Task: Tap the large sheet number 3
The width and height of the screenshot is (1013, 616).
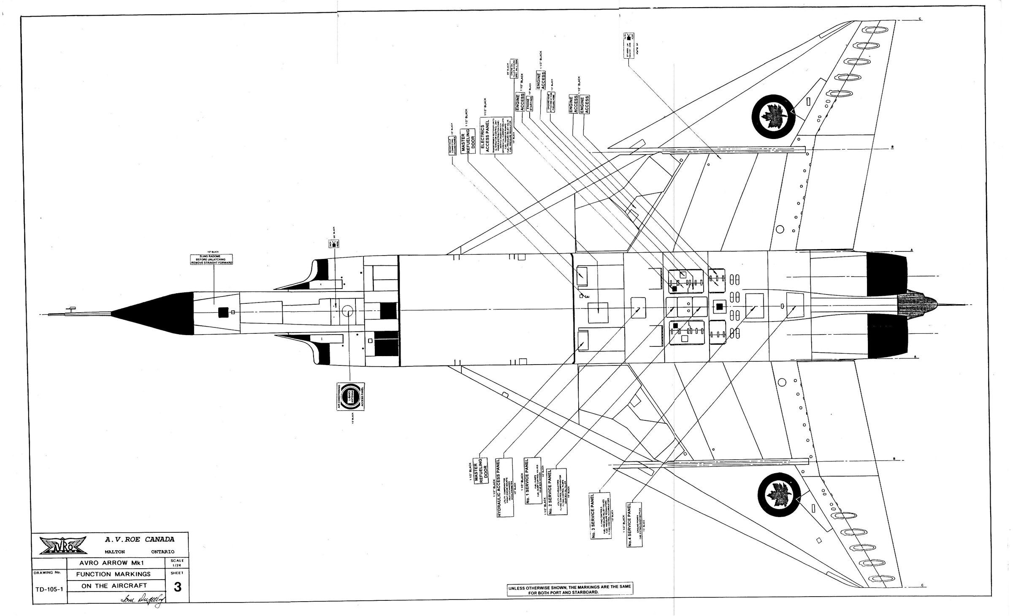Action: coord(177,587)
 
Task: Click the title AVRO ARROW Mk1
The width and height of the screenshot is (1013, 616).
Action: coord(115,564)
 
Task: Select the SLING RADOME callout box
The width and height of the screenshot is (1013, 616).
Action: coord(212,259)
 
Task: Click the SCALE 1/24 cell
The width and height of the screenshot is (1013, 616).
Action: coord(177,563)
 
